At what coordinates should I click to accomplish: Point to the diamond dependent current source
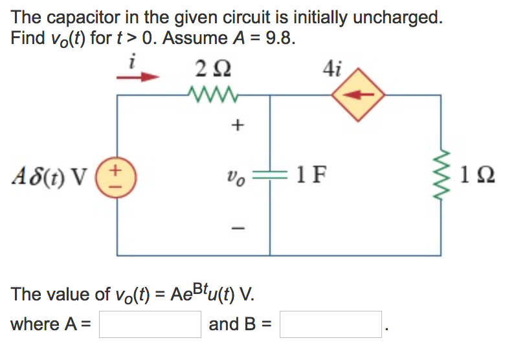(358, 95)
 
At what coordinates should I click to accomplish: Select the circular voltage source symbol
(117, 175)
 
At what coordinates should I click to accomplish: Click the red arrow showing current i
(137, 77)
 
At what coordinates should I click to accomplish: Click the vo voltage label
(235, 175)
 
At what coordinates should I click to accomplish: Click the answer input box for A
(150, 324)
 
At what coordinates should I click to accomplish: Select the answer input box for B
(330, 324)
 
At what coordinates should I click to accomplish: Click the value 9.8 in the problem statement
(280, 38)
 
